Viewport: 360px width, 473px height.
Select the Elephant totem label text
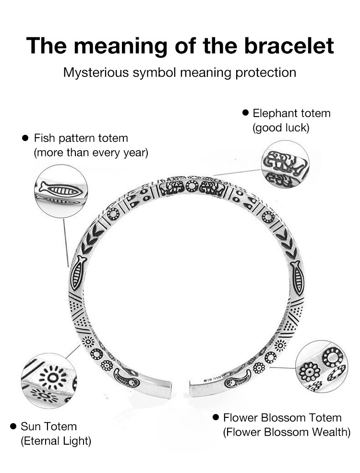(x=291, y=114)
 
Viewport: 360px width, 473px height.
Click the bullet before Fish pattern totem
(x=26, y=138)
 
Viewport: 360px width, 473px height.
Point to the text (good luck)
(x=281, y=128)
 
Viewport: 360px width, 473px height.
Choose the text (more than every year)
(x=91, y=153)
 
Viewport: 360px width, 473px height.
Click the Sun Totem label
(x=48, y=426)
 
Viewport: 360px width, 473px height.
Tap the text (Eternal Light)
(x=56, y=440)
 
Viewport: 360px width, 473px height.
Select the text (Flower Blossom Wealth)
(x=287, y=432)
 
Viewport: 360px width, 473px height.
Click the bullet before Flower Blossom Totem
(x=216, y=417)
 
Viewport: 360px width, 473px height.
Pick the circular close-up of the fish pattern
(x=60, y=191)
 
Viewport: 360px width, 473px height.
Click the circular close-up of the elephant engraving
(x=285, y=165)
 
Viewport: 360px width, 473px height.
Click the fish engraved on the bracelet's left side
(x=78, y=273)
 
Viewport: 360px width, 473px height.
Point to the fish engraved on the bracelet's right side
(x=297, y=278)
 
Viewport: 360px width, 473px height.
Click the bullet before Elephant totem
(x=245, y=113)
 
